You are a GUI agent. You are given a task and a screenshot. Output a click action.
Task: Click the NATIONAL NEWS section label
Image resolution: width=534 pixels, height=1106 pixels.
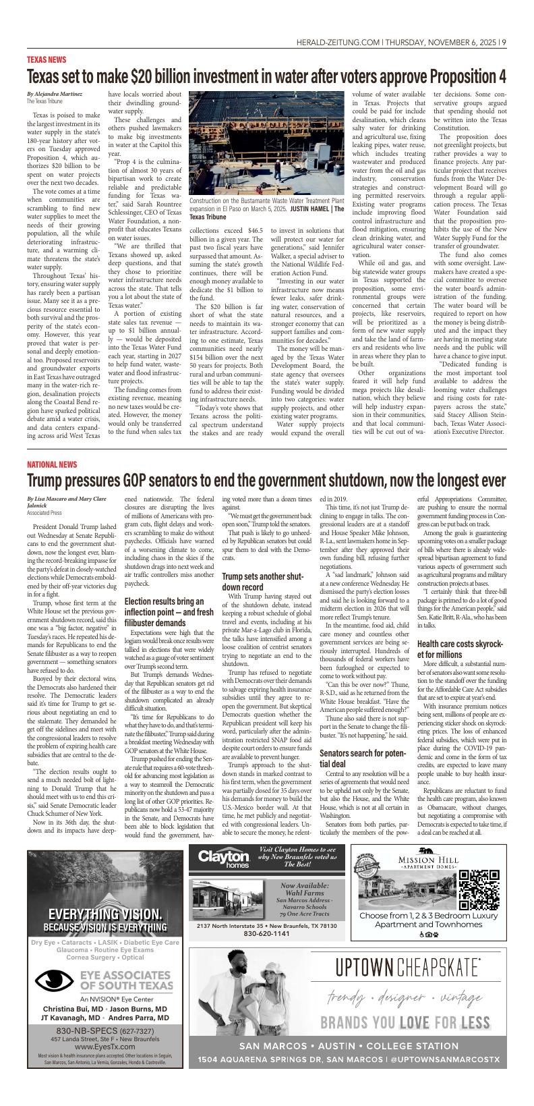pos(52,464)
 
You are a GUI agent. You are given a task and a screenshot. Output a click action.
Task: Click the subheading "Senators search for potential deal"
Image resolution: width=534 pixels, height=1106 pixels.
pos(361,758)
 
